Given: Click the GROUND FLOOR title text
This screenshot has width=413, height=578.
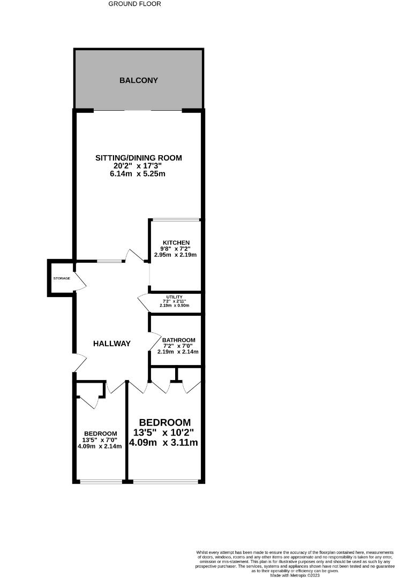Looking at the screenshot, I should click(x=134, y=4).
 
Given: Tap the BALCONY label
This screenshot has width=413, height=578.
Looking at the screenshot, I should click(x=138, y=80).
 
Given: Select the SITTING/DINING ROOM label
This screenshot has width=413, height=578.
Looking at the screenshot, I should click(x=138, y=158).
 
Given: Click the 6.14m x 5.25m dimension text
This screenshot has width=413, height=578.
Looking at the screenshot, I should click(x=138, y=174).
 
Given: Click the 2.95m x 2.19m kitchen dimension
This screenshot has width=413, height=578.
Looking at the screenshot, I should click(x=175, y=255).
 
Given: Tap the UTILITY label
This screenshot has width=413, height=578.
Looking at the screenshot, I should click(x=175, y=297).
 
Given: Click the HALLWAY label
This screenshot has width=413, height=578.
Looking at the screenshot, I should click(x=111, y=344).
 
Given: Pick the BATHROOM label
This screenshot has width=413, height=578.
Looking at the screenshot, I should click(x=178, y=340).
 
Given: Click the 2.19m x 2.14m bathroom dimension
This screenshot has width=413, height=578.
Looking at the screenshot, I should click(x=178, y=352).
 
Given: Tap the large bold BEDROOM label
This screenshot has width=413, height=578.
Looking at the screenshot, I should click(x=165, y=422).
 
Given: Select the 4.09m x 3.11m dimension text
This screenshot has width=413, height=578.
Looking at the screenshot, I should click(x=164, y=443).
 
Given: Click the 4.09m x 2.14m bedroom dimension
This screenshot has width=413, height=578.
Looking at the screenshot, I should click(x=100, y=446).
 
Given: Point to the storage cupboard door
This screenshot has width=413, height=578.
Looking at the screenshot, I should click(x=79, y=282).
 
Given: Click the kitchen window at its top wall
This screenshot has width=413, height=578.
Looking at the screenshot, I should click(x=176, y=219).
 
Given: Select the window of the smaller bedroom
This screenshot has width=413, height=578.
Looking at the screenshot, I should click(x=101, y=481).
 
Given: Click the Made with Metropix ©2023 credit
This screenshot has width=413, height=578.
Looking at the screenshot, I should click(x=296, y=575).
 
